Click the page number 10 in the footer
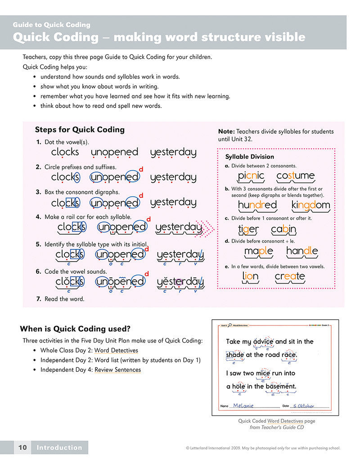click(x=22, y=448)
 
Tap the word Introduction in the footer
click(x=59, y=448)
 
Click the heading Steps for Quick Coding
click(x=80, y=130)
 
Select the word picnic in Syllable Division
click(x=251, y=176)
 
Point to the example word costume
click(x=295, y=176)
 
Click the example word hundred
click(x=257, y=205)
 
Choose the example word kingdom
click(x=310, y=205)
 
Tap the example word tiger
click(x=248, y=229)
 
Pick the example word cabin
click(x=283, y=229)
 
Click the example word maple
click(x=258, y=251)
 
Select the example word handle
click(x=302, y=251)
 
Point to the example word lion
click(x=250, y=276)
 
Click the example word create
click(x=290, y=276)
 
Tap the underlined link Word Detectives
click(x=116, y=350)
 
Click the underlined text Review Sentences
click(x=117, y=370)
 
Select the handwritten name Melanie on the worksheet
click(x=243, y=405)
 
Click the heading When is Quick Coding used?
click(x=75, y=329)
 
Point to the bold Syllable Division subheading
click(x=249, y=157)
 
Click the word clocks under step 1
click(x=65, y=152)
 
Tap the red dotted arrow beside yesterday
click(x=209, y=228)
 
